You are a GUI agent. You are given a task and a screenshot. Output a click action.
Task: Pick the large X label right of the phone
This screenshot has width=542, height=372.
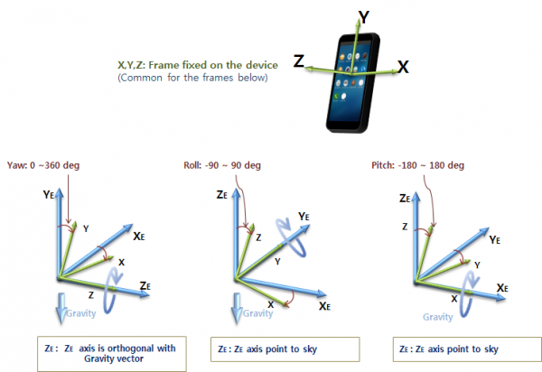click(x=403, y=66)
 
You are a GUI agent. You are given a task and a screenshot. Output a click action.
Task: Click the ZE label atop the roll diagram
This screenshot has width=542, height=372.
click(x=220, y=194)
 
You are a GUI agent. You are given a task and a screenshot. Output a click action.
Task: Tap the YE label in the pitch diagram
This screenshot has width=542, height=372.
click(x=495, y=240)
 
